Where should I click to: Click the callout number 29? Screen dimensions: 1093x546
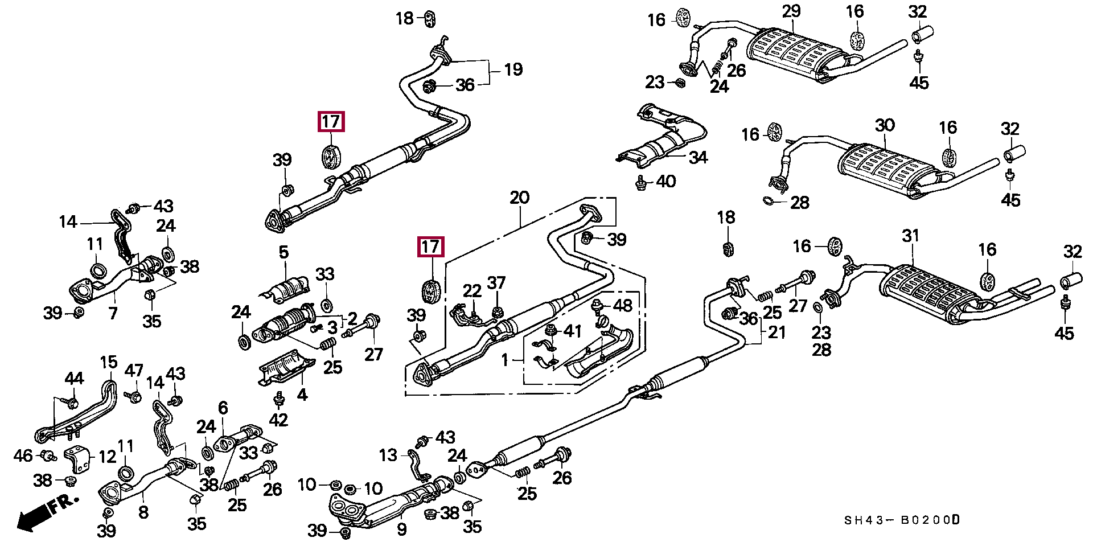[x=791, y=11]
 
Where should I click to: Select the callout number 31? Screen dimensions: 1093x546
[x=911, y=235]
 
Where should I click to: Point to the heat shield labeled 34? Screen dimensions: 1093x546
[x=660, y=137]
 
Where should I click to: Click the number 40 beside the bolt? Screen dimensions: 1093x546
[x=665, y=182]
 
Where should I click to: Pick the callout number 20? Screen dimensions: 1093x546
[x=519, y=198]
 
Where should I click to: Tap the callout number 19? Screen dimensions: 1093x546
[x=513, y=69]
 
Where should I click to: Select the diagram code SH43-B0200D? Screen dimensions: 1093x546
[x=902, y=520]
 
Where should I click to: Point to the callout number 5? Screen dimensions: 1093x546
[x=283, y=252]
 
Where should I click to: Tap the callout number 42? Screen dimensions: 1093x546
[x=278, y=420]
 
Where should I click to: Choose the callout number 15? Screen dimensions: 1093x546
[x=108, y=362]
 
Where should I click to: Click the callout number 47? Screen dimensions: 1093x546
[x=134, y=371]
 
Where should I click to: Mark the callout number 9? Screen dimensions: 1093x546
[x=402, y=529]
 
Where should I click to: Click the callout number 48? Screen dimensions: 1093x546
[x=622, y=306]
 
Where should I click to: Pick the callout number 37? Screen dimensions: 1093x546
[x=496, y=283]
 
